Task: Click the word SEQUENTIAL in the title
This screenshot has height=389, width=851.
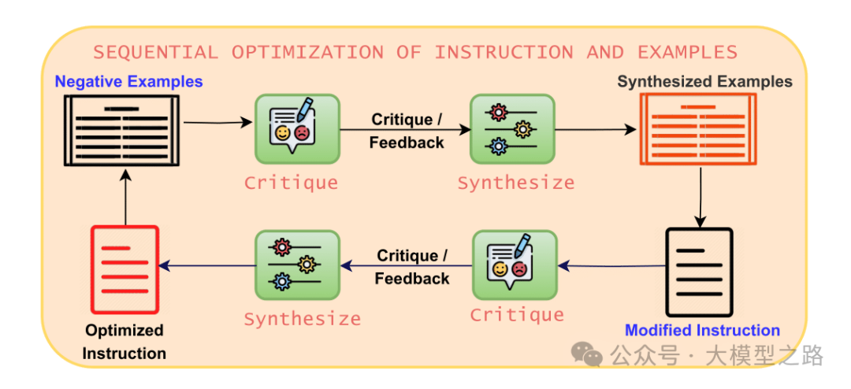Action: tap(154, 53)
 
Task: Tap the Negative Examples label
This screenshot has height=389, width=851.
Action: tap(128, 81)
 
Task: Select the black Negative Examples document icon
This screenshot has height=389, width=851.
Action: tap(121, 130)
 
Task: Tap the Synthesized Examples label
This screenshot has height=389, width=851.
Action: tap(704, 81)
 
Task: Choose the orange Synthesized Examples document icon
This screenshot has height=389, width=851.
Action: tap(697, 129)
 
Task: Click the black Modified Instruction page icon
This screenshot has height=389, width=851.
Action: tap(698, 272)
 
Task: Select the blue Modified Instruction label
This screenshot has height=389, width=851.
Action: tap(702, 331)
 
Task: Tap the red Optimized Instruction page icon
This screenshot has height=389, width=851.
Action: tap(124, 269)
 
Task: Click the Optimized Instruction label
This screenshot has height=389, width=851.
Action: tap(124, 342)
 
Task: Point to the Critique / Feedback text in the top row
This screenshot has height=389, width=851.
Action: tap(407, 131)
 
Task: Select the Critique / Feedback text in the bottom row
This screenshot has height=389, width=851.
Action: tap(412, 267)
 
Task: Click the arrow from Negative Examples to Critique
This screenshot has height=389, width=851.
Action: tap(217, 123)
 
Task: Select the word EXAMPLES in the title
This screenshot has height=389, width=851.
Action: tap(687, 53)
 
